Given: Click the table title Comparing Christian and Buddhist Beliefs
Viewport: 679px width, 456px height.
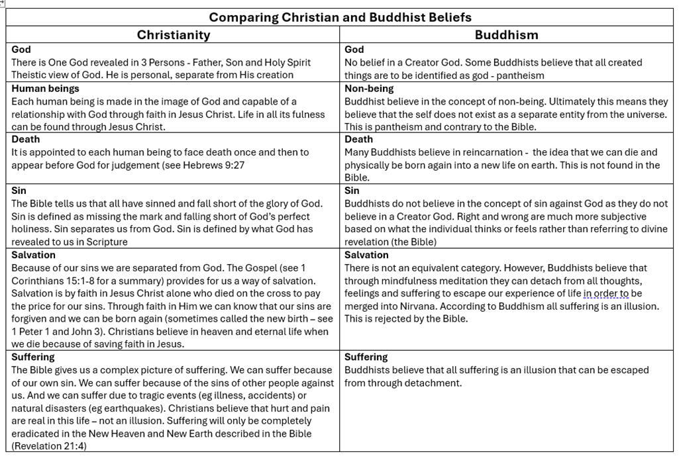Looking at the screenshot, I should [x=340, y=17].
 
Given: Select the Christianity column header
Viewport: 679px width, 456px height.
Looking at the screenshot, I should [x=173, y=35].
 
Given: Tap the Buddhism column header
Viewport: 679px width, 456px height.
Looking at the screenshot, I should [x=506, y=35].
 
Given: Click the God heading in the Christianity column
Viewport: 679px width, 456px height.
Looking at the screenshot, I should [x=21, y=50].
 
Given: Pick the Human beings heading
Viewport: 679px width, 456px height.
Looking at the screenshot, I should [x=45, y=89].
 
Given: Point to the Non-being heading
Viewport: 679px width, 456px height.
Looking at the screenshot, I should [x=369, y=89].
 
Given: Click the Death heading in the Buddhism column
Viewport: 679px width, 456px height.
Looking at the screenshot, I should [x=358, y=140].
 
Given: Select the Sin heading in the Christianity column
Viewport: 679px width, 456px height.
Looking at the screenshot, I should [x=19, y=191].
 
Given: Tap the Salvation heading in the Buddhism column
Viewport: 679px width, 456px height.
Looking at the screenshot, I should [x=366, y=255].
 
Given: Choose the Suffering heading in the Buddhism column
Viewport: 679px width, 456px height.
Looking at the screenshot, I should [x=366, y=357].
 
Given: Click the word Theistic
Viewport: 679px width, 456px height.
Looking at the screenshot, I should [x=29, y=75].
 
